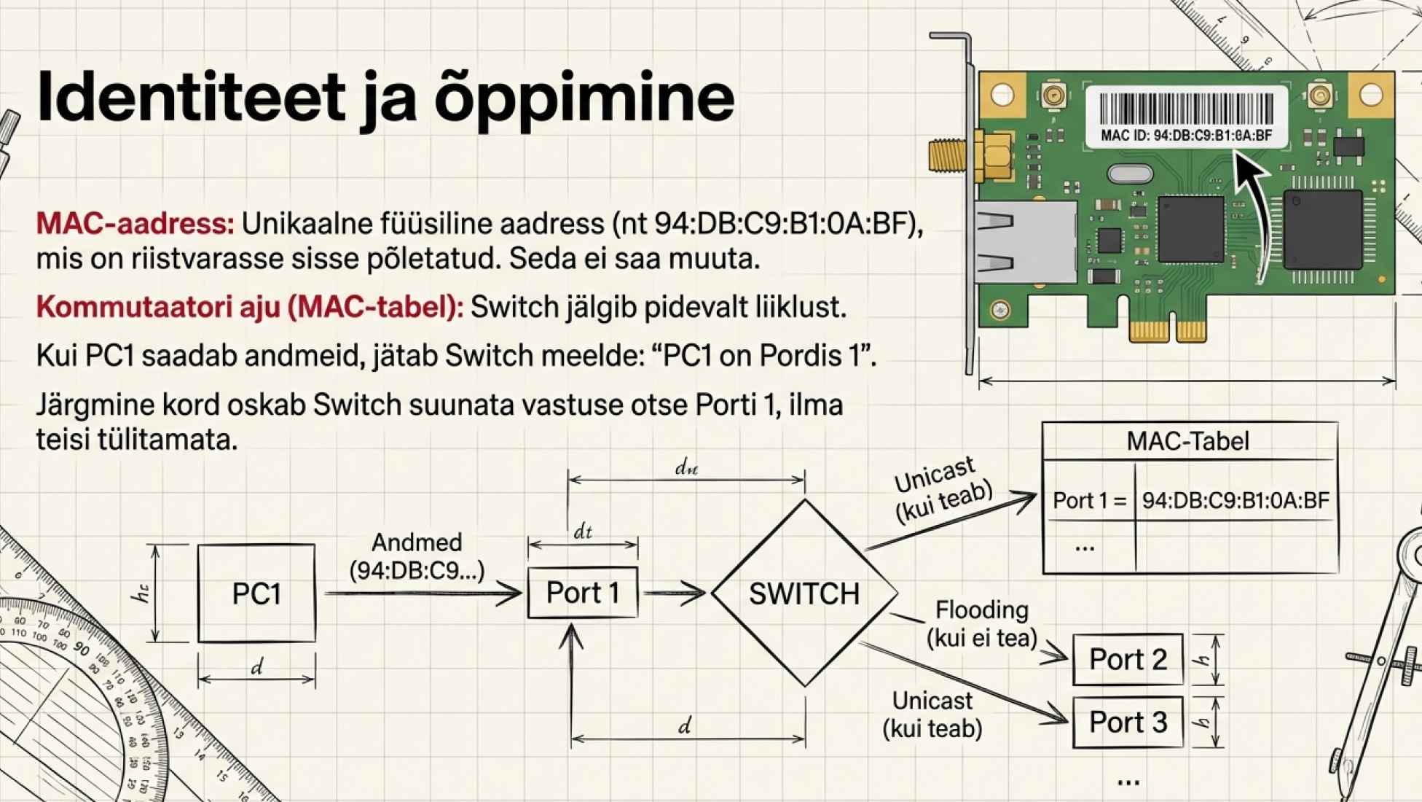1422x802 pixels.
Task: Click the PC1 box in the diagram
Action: (x=256, y=593)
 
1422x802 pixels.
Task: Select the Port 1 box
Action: (x=583, y=592)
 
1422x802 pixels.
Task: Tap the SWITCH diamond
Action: (x=804, y=593)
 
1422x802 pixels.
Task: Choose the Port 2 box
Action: (x=1128, y=659)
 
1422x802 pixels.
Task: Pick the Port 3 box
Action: (x=1128, y=722)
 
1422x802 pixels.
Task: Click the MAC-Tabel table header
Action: (x=1189, y=441)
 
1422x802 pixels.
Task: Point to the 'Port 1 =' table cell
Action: (x=1089, y=500)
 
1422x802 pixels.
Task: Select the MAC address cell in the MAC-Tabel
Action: (x=1236, y=500)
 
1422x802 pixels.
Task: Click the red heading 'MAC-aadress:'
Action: (x=135, y=223)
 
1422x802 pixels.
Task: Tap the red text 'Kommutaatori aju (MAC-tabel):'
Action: (x=250, y=307)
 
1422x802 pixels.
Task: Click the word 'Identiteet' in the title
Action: (x=191, y=96)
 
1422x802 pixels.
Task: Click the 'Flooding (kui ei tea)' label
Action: (x=982, y=623)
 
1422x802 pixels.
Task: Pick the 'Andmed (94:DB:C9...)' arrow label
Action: (x=417, y=556)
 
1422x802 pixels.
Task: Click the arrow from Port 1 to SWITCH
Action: (x=674, y=592)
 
